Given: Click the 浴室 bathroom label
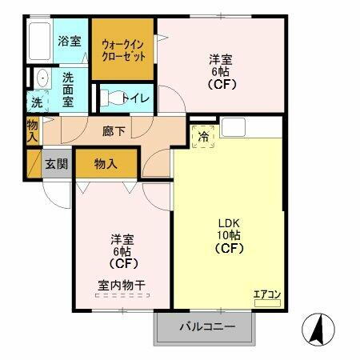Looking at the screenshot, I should tap(69, 41).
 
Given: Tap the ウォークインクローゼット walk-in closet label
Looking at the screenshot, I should tap(122, 50).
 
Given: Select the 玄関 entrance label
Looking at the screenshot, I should tap(56, 164).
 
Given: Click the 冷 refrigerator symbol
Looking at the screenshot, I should tap(204, 137).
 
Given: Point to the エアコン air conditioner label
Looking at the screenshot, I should tap(266, 294).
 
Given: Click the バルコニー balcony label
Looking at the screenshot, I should tap(206, 326).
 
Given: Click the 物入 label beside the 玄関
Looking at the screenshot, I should tap(106, 164).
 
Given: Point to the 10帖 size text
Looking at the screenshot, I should tap(230, 235).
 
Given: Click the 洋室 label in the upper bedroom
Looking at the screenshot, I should tap(222, 58).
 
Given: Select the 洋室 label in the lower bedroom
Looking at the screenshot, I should tap(122, 238).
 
